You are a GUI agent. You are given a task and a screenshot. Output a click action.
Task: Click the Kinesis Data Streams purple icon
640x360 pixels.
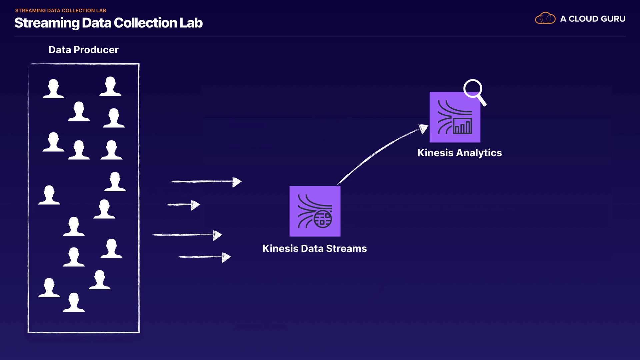315,211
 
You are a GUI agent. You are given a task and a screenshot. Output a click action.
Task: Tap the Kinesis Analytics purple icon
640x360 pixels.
455,117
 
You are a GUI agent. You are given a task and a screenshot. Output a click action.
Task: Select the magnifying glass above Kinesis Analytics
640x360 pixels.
475,92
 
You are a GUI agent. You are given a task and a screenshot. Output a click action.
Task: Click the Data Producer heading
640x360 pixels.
84,50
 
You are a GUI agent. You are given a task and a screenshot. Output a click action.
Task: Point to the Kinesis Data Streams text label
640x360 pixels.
315,249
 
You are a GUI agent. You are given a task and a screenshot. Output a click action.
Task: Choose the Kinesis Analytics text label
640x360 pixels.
460,153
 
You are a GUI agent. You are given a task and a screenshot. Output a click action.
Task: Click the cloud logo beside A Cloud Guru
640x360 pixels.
545,18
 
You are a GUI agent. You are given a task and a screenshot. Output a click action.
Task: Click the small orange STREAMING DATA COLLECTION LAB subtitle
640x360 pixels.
61,11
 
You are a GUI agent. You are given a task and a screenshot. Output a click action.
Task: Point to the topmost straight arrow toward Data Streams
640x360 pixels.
206,182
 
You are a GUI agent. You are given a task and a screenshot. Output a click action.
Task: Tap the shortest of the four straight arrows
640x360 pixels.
183,205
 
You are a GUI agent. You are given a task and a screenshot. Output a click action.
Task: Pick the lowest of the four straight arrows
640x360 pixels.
205,257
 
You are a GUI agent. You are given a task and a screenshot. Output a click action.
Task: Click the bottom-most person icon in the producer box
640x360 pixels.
74,302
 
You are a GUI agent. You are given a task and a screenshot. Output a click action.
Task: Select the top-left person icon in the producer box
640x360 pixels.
53,89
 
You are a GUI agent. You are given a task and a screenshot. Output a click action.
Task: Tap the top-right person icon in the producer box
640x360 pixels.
110,86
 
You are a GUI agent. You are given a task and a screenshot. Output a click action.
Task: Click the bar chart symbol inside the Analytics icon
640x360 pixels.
463,126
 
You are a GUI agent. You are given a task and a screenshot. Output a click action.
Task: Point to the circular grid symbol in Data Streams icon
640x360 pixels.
323,219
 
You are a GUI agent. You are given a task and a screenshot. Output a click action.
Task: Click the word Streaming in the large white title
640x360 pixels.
47,23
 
